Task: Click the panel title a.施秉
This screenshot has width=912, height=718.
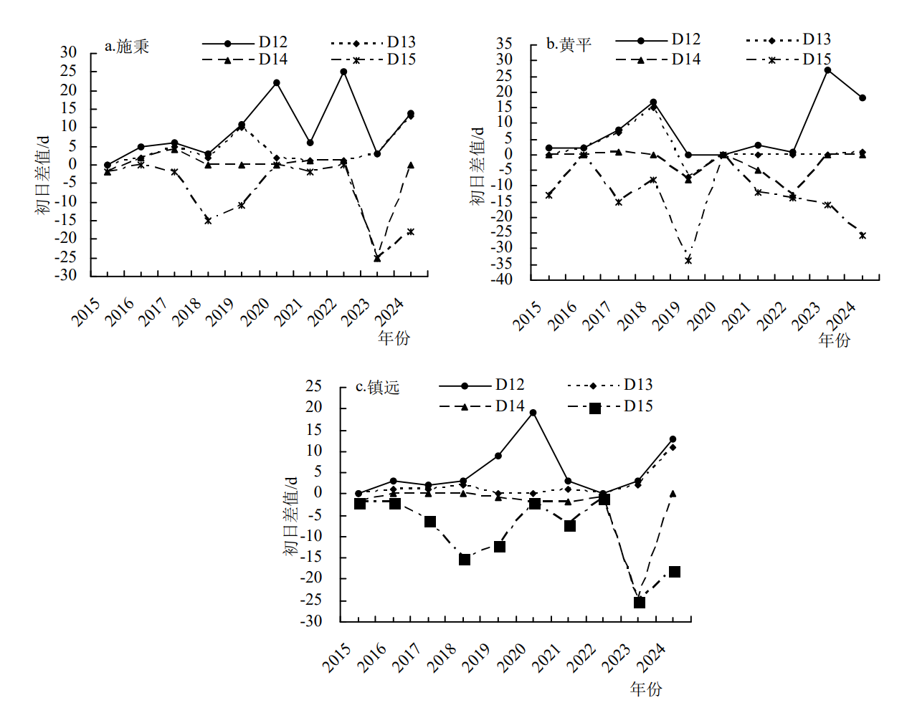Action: pos(127,47)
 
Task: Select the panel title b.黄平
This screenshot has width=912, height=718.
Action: pos(569,44)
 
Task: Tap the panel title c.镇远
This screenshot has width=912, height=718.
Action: pos(378,388)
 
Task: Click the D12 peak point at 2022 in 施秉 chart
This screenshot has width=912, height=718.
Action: pos(343,72)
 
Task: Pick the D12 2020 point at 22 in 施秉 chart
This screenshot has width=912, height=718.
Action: pos(276,83)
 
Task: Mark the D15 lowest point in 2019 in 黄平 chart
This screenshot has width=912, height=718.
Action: pos(688,260)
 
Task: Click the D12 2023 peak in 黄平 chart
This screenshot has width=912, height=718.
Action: pos(827,70)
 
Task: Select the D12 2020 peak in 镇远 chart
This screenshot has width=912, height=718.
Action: pos(533,413)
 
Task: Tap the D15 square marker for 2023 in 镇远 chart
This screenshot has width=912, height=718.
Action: pos(640,603)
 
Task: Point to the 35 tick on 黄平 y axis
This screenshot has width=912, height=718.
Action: pos(504,44)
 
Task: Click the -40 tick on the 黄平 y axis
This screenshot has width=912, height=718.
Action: pos(500,279)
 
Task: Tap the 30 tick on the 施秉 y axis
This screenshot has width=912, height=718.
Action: pos(68,52)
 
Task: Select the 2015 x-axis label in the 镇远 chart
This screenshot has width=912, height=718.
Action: pos(336,657)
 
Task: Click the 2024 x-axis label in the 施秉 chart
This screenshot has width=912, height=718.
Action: pos(390,312)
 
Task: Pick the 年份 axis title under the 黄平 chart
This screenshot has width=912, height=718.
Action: pos(834,339)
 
